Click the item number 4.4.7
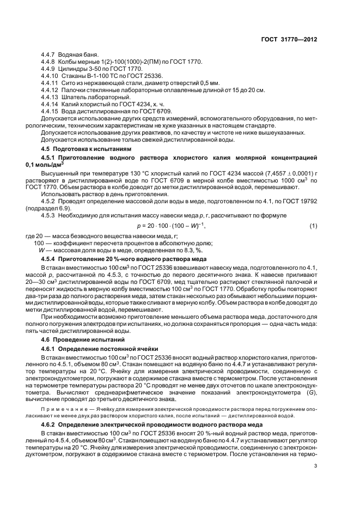click(50, 56)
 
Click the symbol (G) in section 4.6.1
click(310, 393)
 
